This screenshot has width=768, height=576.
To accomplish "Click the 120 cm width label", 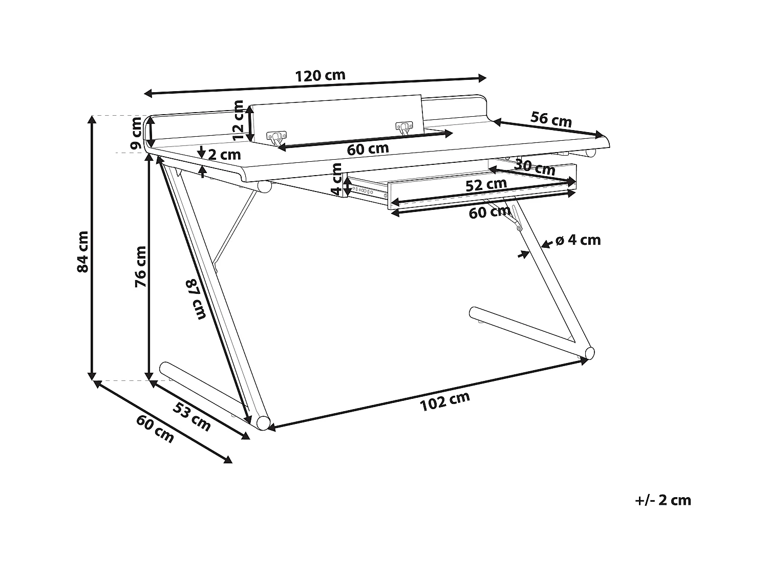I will [320, 76].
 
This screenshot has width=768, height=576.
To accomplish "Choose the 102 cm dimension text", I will [444, 401].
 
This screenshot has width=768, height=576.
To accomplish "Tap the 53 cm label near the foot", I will [192, 416].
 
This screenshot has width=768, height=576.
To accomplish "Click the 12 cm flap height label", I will [239, 120].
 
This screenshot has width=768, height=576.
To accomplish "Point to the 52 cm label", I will [486, 185].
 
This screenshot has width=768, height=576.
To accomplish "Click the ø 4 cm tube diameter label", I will [578, 240].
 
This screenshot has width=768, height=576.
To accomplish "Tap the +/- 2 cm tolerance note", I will [663, 500].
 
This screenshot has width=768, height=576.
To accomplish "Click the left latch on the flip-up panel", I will [276, 137].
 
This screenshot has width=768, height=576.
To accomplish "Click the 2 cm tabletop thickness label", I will [224, 154].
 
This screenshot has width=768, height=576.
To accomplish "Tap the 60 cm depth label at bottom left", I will [155, 429].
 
